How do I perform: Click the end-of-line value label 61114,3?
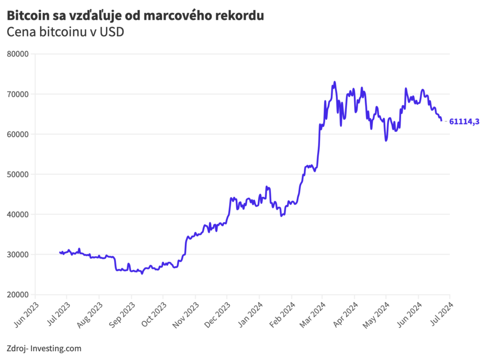coord(464,122)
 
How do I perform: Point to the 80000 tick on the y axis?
coord(18,54)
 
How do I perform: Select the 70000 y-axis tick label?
coord(18,94)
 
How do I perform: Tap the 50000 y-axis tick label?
coord(18,174)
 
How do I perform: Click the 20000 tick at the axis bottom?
coord(18,295)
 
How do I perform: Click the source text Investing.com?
coord(56,348)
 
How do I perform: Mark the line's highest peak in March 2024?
coord(334,82)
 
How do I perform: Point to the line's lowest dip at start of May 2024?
coord(386,140)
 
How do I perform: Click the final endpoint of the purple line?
coord(441,120)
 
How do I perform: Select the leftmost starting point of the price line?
coord(60,252)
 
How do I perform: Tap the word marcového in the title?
coord(178,16)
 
